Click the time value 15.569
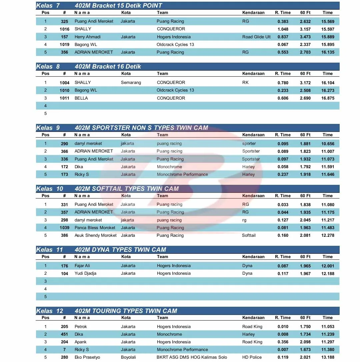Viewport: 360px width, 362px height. (328, 22)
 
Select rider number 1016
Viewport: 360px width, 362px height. (65, 29)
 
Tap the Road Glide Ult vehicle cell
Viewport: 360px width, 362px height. (256, 37)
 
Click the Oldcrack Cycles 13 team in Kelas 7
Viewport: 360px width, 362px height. (175, 45)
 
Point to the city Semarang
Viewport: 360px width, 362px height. (131, 83)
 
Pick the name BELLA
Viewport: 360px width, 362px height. (81, 98)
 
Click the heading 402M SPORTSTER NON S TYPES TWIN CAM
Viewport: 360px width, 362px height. (141, 128)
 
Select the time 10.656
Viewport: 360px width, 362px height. (328, 144)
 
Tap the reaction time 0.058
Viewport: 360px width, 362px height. (283, 167)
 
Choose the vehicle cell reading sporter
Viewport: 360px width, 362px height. (249, 144)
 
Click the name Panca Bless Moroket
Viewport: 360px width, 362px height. (95, 228)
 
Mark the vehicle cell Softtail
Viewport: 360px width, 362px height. (249, 235)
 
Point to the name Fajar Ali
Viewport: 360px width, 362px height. (82, 266)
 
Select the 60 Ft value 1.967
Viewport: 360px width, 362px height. (305, 274)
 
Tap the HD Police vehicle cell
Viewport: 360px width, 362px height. (252, 357)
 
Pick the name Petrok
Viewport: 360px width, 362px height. (81, 327)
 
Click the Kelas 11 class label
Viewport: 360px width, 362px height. (49, 250)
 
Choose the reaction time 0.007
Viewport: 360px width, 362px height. (283, 350)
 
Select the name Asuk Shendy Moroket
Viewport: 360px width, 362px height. (96, 235)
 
